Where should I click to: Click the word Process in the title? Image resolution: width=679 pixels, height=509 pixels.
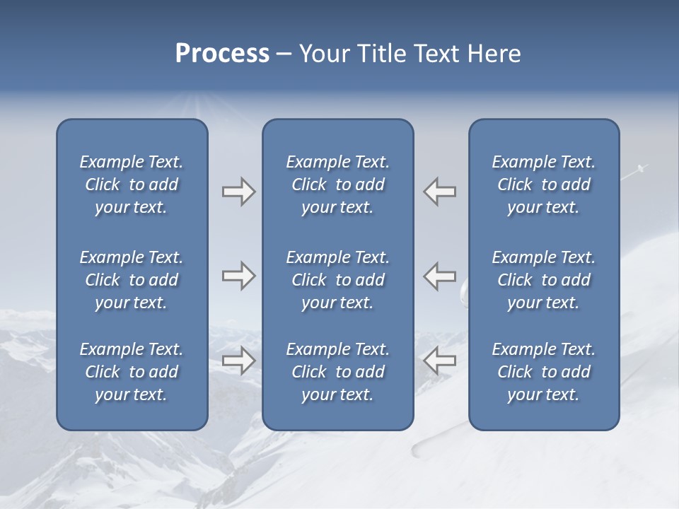point(222,54)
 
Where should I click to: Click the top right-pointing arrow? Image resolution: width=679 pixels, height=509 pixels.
point(238,192)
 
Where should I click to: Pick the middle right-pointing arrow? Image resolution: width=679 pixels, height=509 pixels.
point(238,276)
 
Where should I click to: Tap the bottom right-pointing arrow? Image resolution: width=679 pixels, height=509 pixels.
point(238,361)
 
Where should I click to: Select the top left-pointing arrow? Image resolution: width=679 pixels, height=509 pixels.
point(440,192)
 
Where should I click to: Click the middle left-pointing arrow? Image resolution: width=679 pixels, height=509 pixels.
point(440,276)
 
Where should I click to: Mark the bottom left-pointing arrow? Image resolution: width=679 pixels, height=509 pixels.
point(440,361)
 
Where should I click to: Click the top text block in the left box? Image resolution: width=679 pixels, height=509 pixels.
point(132,185)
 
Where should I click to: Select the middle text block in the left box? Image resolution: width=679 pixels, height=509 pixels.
point(132,280)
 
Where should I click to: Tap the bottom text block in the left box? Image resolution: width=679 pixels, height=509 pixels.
point(132,372)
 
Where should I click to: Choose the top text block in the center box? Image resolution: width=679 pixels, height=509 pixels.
point(337,185)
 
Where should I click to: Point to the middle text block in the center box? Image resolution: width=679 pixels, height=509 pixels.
point(337,280)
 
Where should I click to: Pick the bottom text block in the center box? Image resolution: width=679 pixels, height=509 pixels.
point(337,372)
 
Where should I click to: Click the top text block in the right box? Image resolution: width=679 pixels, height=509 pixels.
point(543,185)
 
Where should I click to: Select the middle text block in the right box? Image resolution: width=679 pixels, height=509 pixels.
point(543,280)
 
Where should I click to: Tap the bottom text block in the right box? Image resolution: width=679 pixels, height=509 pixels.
point(543,372)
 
